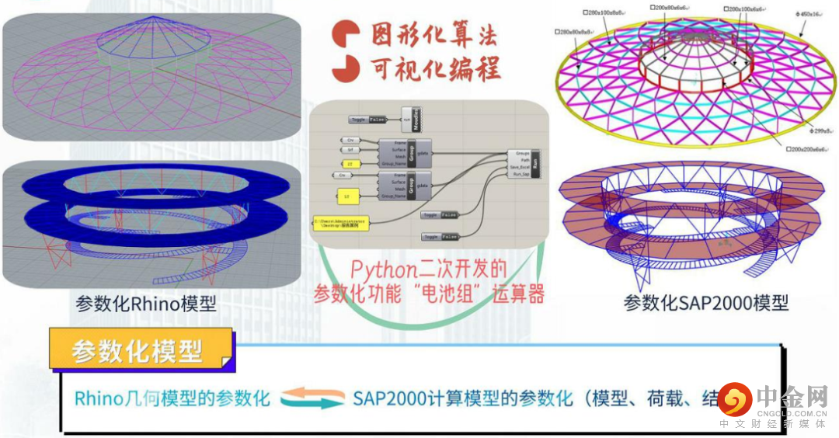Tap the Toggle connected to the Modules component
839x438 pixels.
pyautogui.click(x=367, y=120)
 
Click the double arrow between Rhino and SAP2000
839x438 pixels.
pyautogui.click(x=312, y=399)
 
